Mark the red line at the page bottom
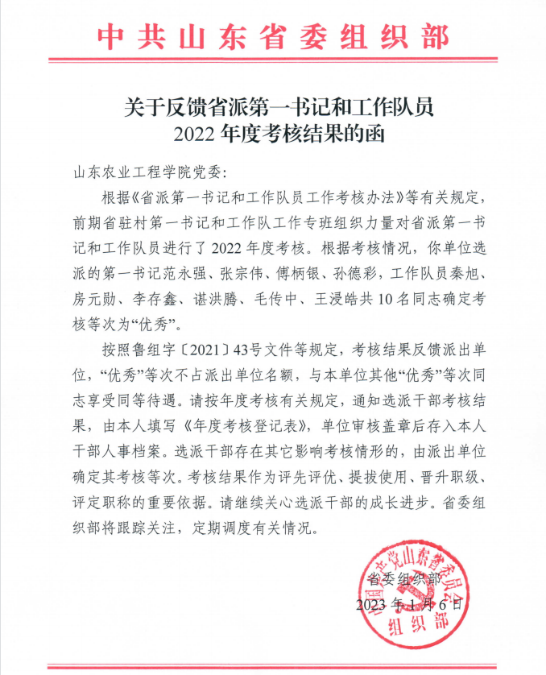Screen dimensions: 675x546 [273, 666]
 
